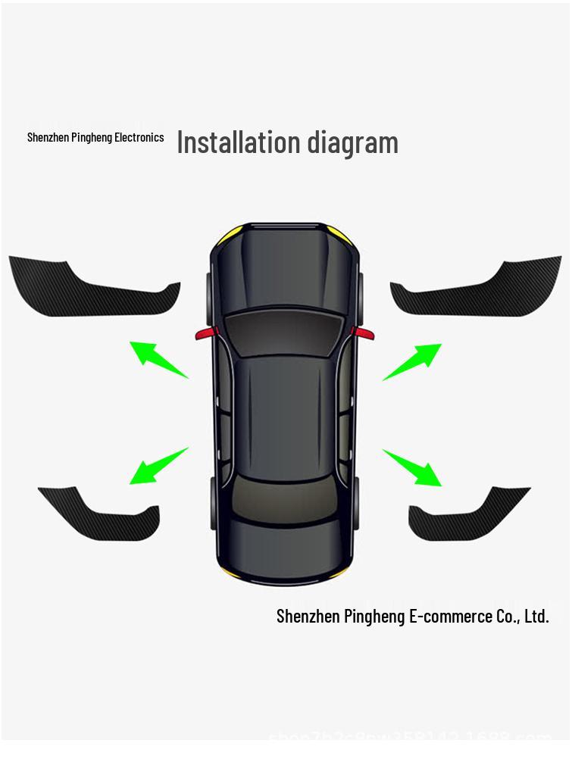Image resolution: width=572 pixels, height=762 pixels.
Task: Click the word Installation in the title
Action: (x=239, y=142)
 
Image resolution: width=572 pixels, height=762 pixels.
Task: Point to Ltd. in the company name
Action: (x=536, y=616)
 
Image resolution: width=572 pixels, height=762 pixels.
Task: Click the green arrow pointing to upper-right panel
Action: (x=414, y=361)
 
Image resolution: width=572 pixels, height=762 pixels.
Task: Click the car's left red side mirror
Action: (x=205, y=333)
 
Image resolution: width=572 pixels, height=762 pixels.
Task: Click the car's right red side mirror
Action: (x=363, y=333)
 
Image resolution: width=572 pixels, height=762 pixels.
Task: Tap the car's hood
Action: (x=283, y=265)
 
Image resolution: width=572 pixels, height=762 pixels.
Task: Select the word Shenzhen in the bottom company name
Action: (x=308, y=616)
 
